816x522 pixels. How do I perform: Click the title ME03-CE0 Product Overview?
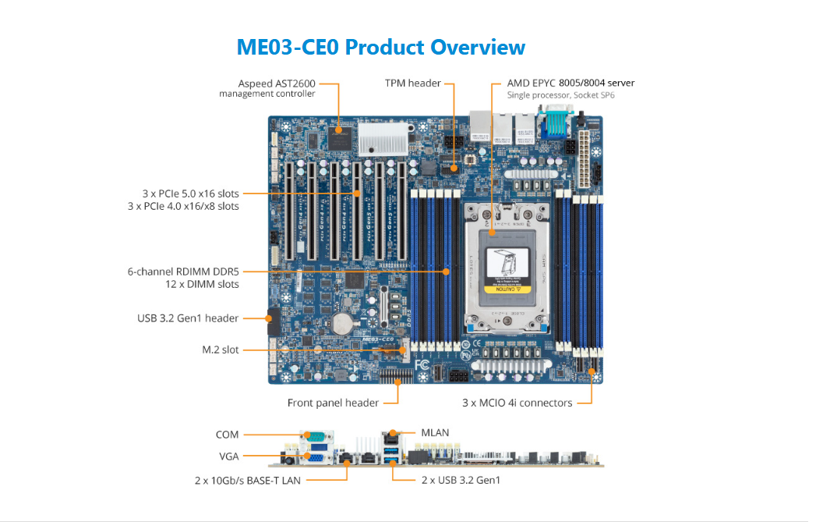(381, 47)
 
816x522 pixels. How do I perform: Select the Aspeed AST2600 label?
(277, 83)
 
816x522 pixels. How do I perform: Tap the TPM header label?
(413, 83)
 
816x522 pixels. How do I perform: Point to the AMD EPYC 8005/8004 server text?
(570, 83)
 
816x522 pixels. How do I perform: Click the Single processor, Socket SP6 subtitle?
(560, 95)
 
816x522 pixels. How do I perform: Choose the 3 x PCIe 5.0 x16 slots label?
(190, 194)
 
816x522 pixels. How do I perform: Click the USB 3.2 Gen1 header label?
(188, 318)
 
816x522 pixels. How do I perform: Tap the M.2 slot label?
(220, 350)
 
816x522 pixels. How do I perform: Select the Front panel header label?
(333, 403)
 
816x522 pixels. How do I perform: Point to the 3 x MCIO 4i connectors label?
(518, 403)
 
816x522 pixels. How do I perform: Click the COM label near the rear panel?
(227, 435)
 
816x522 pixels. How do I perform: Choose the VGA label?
(229, 456)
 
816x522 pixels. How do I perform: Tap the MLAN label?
(435, 432)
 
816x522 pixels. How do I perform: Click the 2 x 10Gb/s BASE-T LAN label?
(248, 481)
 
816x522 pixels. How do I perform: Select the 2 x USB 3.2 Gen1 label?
(461, 480)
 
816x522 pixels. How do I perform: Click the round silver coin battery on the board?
(343, 323)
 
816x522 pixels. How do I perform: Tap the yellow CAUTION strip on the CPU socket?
(507, 289)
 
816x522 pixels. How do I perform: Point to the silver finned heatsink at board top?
(383, 139)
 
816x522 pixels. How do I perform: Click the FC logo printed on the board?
(422, 364)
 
